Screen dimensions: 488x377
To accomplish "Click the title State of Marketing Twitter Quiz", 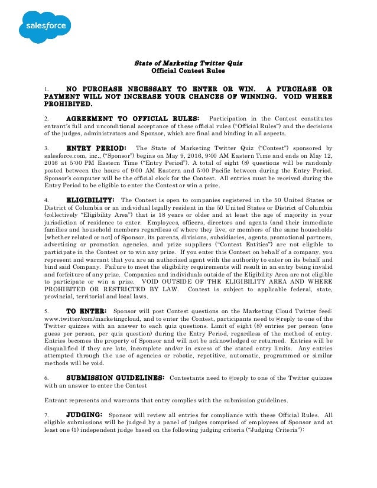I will pos(188,62).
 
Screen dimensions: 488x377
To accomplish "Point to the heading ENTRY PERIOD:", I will pos(96,148).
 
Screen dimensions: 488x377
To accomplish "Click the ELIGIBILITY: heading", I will pos(90,199).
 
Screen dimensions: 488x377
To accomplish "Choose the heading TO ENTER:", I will pos(86,310).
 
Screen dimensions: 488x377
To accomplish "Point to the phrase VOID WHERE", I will pos(308,96).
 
